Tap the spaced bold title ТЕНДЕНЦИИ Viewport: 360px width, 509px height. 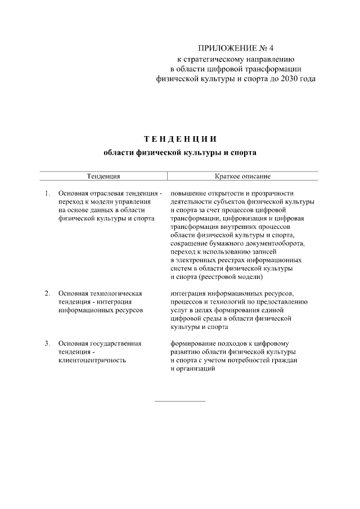180,138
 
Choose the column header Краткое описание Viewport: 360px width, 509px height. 239,176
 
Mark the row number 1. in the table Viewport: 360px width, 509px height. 47,193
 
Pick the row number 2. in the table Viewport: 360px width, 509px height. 47,294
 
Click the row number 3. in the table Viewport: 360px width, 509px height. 47,343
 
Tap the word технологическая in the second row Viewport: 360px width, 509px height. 117,294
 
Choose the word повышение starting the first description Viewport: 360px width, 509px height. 188,193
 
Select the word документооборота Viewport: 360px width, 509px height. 275,244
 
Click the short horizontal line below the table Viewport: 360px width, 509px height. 180,401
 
